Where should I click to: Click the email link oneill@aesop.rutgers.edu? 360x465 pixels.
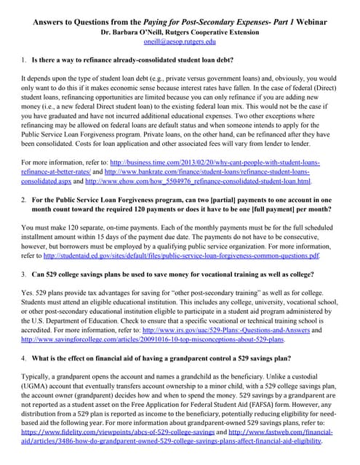180,43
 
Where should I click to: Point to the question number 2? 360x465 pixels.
24,198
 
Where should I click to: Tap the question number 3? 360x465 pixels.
24,275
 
